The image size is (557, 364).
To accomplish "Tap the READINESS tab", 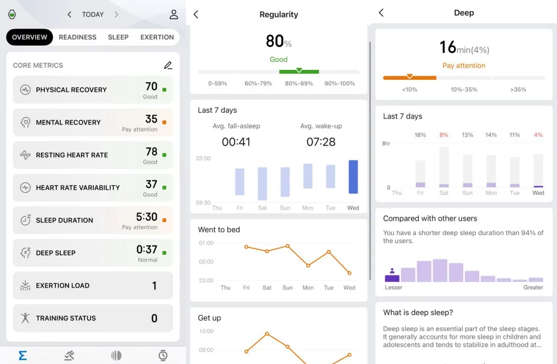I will (77, 37).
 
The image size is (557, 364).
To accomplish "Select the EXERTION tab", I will (157, 37).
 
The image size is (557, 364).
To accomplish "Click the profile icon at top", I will (174, 15).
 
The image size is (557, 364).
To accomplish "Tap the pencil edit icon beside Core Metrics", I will (168, 65).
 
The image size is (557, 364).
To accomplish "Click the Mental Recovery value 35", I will (151, 119).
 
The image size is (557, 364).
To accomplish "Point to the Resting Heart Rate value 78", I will (151, 152).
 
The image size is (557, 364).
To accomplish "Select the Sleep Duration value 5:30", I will (147, 217).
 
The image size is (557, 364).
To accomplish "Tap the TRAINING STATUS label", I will (66, 318).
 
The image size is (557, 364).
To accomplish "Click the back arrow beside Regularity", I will (196, 15).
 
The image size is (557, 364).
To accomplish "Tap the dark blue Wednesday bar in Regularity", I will (353, 177).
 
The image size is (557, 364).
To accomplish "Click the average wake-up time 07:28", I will (321, 141).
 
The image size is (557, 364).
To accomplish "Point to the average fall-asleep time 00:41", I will (236, 141).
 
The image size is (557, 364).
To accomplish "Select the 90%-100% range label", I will (339, 83).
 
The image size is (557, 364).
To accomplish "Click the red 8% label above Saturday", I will (444, 135).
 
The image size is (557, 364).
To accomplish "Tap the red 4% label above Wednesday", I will (538, 135).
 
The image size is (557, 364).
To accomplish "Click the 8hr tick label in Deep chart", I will (386, 143).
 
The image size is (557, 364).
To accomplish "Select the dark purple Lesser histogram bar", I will (392, 278).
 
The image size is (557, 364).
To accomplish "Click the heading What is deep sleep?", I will (418, 312).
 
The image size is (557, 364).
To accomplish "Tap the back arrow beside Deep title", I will (381, 13).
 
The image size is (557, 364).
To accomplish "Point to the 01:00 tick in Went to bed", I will (206, 242).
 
